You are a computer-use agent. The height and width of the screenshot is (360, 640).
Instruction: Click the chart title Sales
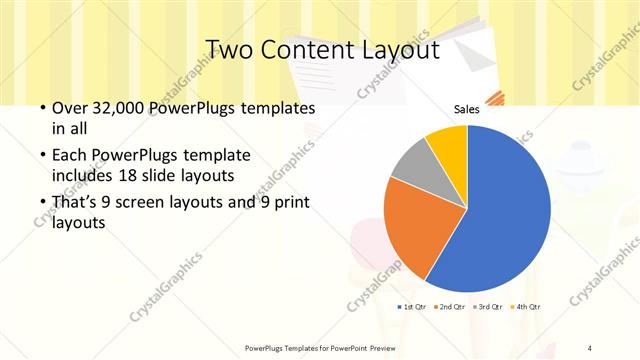[466, 109]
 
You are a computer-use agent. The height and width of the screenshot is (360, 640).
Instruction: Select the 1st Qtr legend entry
[415, 305]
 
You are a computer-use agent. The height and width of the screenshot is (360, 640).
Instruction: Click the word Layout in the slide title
[392, 50]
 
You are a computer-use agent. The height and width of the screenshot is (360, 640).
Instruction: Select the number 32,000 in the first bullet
[112, 109]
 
